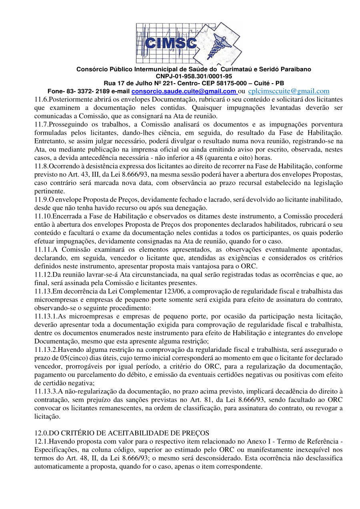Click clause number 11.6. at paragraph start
tap(42, 99)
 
